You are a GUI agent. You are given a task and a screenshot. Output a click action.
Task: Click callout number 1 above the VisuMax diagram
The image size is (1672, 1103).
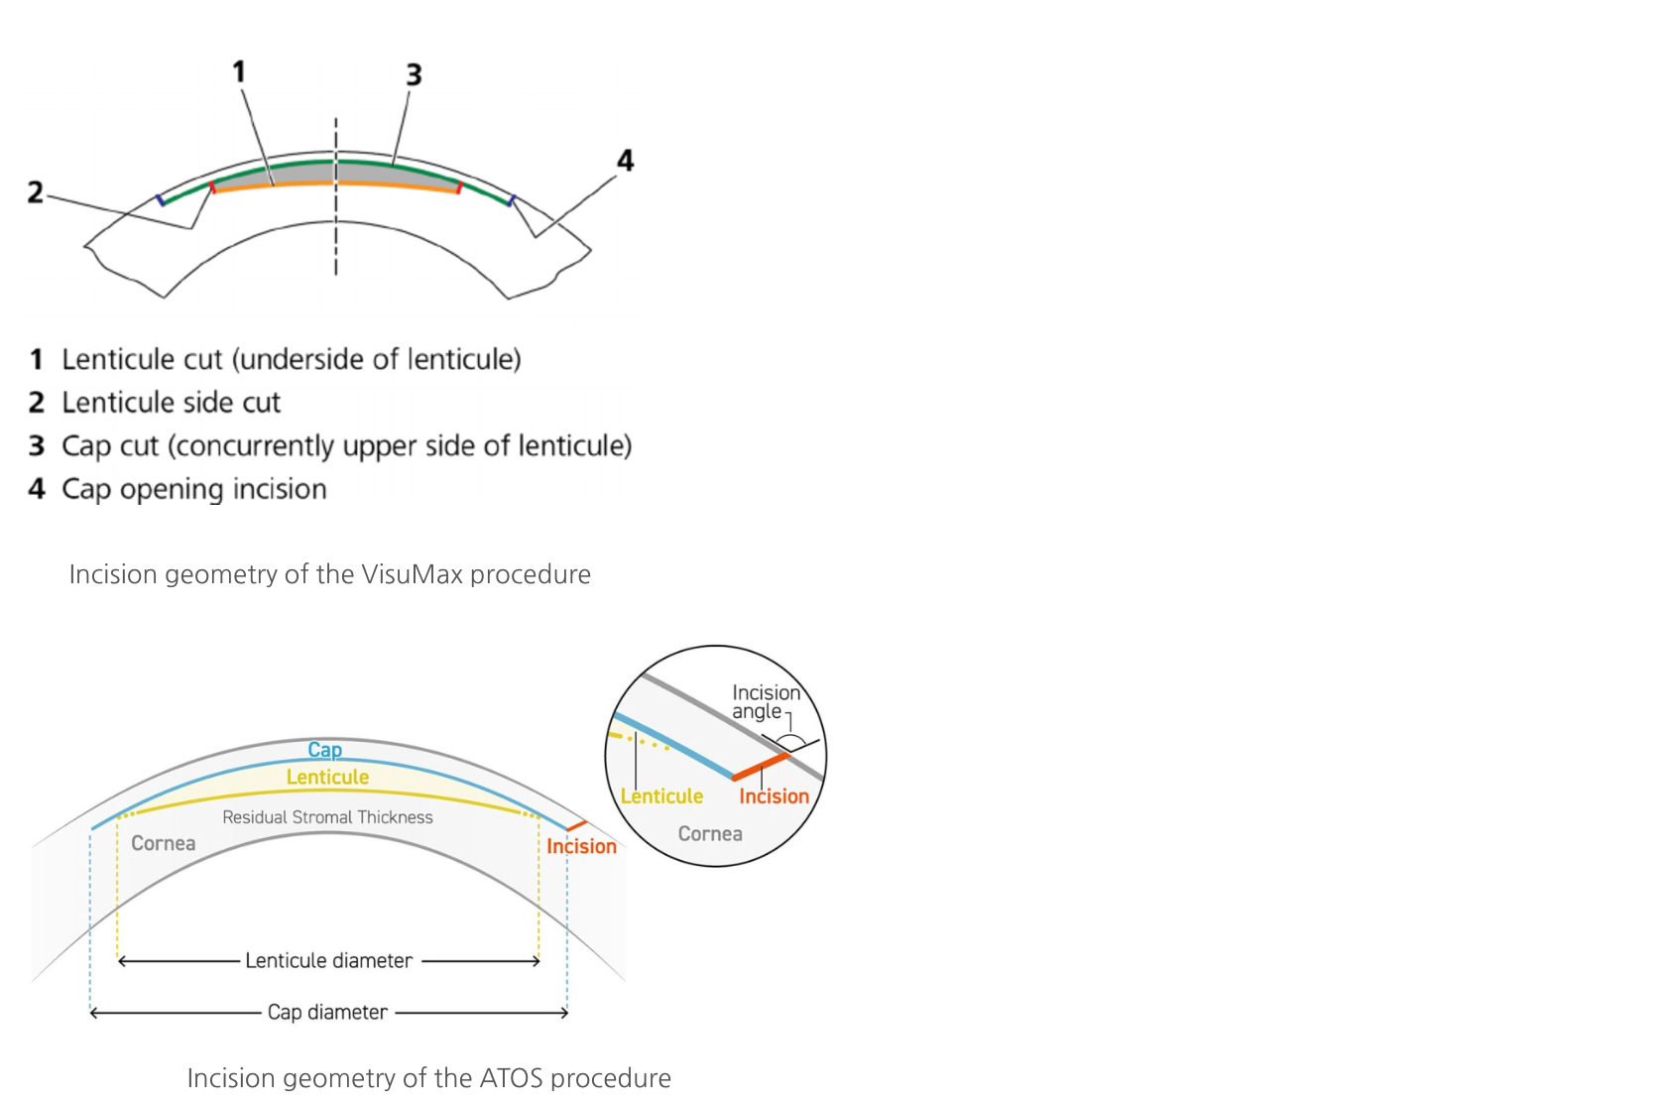tap(239, 72)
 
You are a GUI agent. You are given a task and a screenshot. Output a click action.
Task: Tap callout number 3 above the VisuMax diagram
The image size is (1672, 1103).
tap(415, 74)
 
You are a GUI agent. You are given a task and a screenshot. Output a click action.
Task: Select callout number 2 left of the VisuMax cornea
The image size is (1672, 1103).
tap(35, 191)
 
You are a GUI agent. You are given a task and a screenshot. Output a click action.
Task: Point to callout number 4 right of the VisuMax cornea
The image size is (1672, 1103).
tap(626, 161)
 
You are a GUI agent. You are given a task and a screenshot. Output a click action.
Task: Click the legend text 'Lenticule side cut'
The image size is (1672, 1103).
tap(171, 403)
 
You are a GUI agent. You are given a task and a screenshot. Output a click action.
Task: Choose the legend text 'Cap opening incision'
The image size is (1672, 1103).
tap(194, 489)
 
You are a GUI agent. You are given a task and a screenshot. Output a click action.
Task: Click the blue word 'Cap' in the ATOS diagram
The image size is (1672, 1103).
tap(324, 750)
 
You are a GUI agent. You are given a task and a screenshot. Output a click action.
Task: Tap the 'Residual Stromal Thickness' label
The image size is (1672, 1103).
tap(327, 817)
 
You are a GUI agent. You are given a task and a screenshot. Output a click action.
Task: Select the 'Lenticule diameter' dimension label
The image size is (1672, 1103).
tap(328, 960)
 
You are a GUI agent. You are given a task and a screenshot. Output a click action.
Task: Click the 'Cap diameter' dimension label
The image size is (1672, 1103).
tap(327, 1012)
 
